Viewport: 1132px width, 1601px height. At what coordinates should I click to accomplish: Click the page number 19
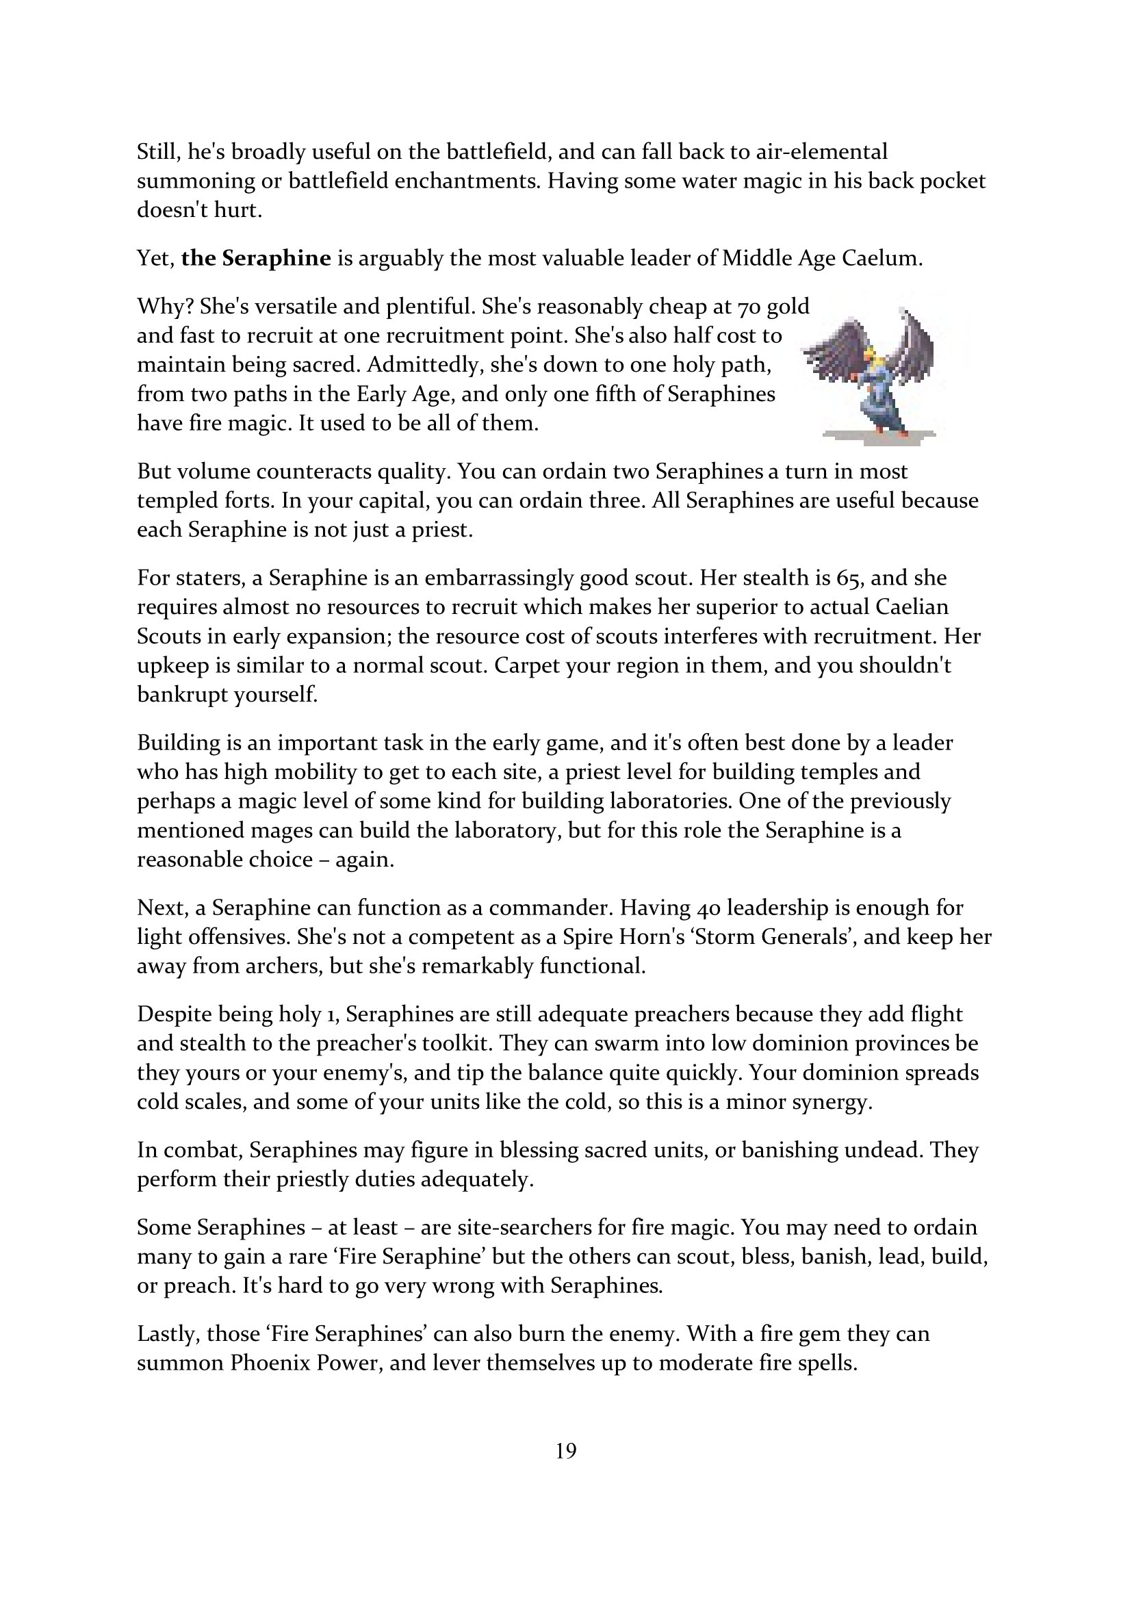[x=566, y=1451]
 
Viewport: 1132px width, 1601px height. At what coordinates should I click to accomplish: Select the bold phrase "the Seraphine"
[x=256, y=259]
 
